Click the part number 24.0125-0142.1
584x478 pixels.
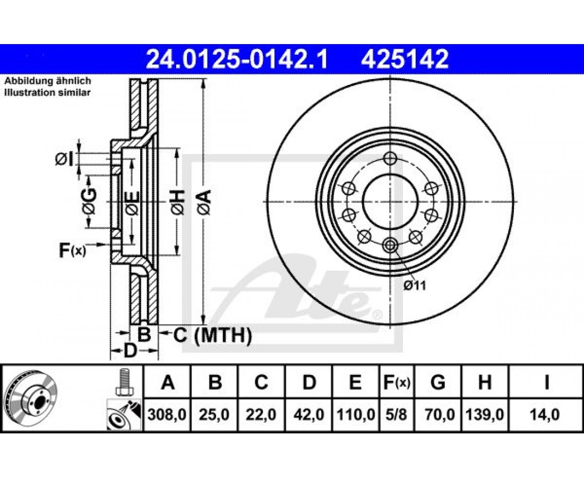[x=237, y=59]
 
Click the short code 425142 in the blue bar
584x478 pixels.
[x=405, y=59]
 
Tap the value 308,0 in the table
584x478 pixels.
[x=167, y=414]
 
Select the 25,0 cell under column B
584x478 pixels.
[x=214, y=414]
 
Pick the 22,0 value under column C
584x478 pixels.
[x=261, y=414]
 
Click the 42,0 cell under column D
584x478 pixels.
[x=308, y=414]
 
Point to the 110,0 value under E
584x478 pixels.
[x=356, y=414]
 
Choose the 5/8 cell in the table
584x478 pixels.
[x=396, y=414]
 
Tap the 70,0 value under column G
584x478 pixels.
[x=438, y=414]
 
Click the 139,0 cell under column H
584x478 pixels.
[x=485, y=414]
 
